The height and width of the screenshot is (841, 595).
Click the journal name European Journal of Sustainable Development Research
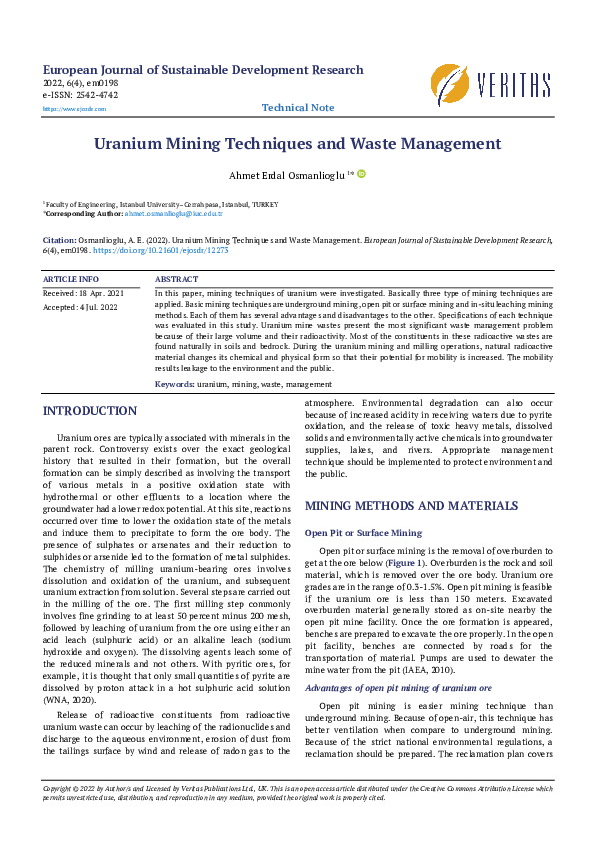(x=203, y=70)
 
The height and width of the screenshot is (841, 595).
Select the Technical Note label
(x=298, y=107)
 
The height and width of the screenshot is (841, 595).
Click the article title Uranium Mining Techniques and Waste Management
(x=297, y=144)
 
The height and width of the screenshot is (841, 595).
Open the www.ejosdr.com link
(x=62, y=107)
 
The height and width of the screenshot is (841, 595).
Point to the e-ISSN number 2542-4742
(x=97, y=95)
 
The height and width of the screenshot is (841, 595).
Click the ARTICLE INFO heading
(x=71, y=278)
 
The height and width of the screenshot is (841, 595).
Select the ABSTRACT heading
(x=177, y=278)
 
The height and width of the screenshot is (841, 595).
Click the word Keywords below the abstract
(x=175, y=384)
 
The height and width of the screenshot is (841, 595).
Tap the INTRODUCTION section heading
(x=90, y=411)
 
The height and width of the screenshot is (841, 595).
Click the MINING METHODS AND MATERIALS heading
(x=411, y=506)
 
